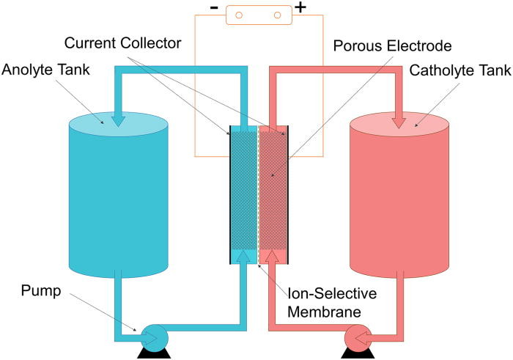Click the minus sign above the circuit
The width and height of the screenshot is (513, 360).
coord(214,10)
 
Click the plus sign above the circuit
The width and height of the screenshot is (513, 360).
coord(300,10)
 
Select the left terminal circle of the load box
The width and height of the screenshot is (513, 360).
coord(236,14)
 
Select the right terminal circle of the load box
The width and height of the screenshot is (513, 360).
coord(278,14)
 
